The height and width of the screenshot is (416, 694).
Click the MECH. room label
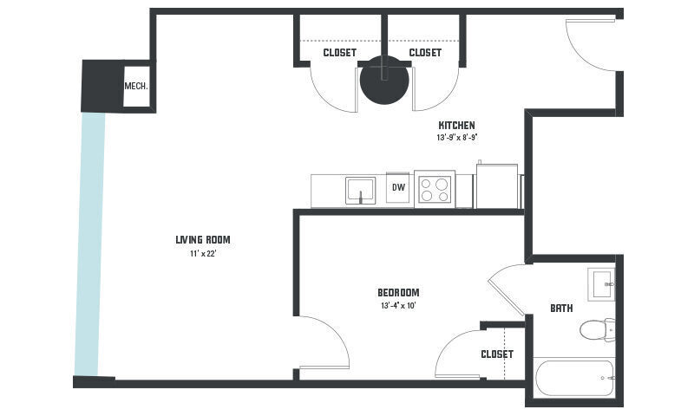pyautogui.click(x=136, y=86)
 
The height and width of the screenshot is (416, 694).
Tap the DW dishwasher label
pyautogui.click(x=399, y=187)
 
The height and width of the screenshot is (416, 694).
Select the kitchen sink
pyautogui.click(x=360, y=190)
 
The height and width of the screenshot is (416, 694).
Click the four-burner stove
pyautogui.click(x=434, y=190)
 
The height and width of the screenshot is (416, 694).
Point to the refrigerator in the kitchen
pyautogui.click(x=496, y=186)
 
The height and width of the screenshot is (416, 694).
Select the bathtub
pyautogui.click(x=574, y=377)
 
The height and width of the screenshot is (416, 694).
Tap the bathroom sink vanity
pyautogui.click(x=600, y=283)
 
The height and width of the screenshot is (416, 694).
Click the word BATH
pyautogui.click(x=561, y=309)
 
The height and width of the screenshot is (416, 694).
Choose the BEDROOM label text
pyautogui.click(x=398, y=292)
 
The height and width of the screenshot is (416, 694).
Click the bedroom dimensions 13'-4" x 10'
pyautogui.click(x=399, y=305)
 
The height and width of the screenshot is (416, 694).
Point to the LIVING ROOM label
pyautogui.click(x=202, y=240)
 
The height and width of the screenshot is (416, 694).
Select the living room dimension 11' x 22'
pyautogui.click(x=202, y=253)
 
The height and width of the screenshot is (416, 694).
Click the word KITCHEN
pyautogui.click(x=456, y=126)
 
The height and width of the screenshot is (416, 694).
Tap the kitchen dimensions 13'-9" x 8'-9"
pyautogui.click(x=456, y=138)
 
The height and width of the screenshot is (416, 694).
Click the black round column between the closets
pyautogui.click(x=384, y=81)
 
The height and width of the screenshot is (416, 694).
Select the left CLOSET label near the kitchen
pyautogui.click(x=339, y=53)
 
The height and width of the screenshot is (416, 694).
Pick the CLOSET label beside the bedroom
pyautogui.click(x=497, y=354)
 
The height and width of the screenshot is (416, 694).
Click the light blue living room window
pyautogui.click(x=89, y=243)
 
